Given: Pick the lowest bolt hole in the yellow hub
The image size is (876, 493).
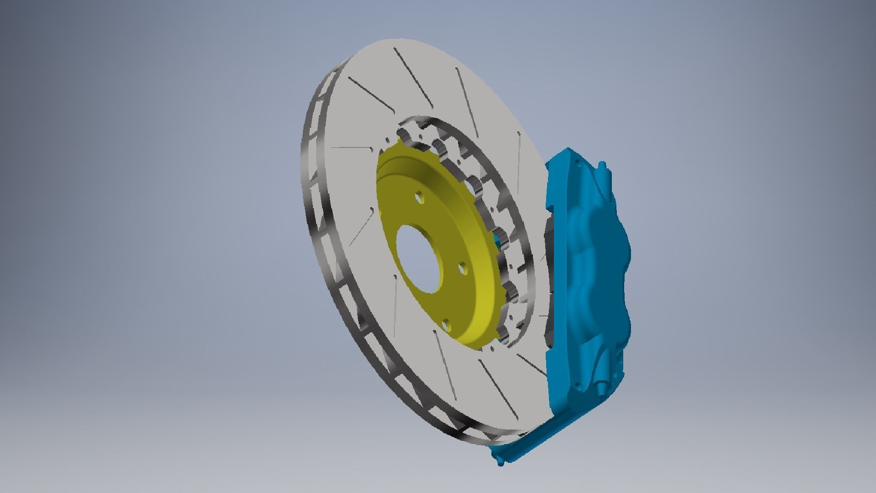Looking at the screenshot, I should [x=447, y=325].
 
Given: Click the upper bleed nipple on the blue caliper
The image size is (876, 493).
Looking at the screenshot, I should [x=603, y=166].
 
